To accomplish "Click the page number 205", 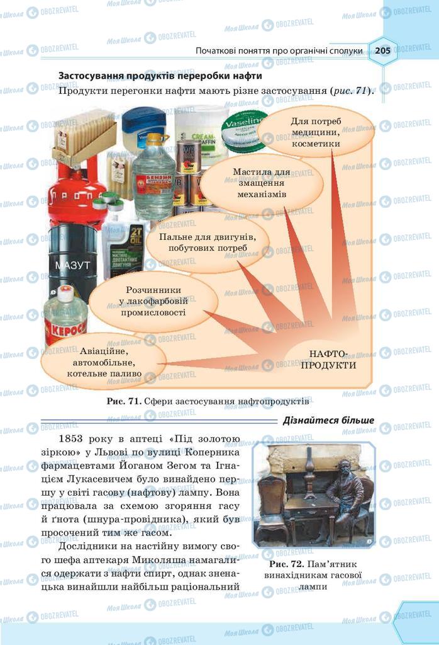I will [x=382, y=50].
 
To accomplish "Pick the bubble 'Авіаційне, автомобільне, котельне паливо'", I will [x=104, y=362].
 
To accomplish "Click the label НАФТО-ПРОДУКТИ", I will [x=328, y=359].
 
